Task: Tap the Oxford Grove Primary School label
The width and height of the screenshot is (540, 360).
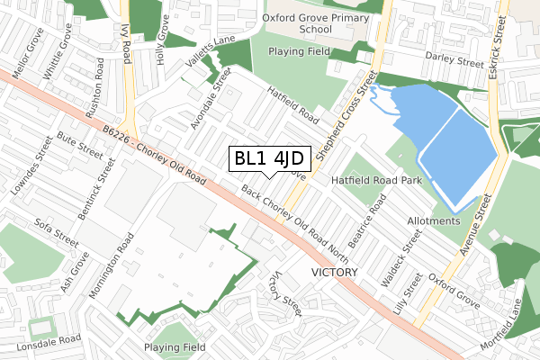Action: click(310, 22)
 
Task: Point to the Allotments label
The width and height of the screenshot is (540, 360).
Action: click(434, 220)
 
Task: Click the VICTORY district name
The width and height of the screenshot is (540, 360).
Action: click(335, 272)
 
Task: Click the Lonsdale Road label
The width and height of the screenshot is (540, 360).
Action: click(41, 340)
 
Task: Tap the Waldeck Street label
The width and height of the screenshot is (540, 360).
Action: click(401, 257)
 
